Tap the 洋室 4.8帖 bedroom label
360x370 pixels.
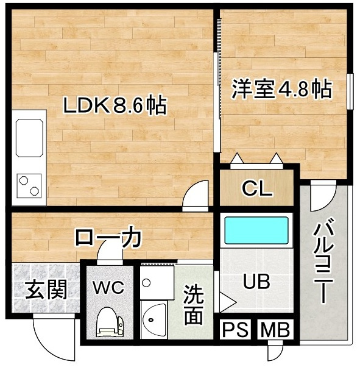click(x=282, y=89)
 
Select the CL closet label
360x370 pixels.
click(x=257, y=188)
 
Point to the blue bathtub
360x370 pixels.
click(x=256, y=230)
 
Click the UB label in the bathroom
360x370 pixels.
click(x=256, y=282)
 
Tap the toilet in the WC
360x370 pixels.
click(x=110, y=322)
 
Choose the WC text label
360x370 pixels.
click(x=108, y=287)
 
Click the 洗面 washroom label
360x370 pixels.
click(x=193, y=305)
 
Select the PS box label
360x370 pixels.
click(x=235, y=329)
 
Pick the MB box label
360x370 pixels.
click(x=275, y=329)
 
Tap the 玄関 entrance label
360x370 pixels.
click(x=46, y=289)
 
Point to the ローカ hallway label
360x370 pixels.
click(x=108, y=238)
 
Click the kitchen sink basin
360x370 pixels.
click(x=29, y=138)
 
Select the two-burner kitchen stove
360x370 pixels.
click(x=29, y=186)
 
